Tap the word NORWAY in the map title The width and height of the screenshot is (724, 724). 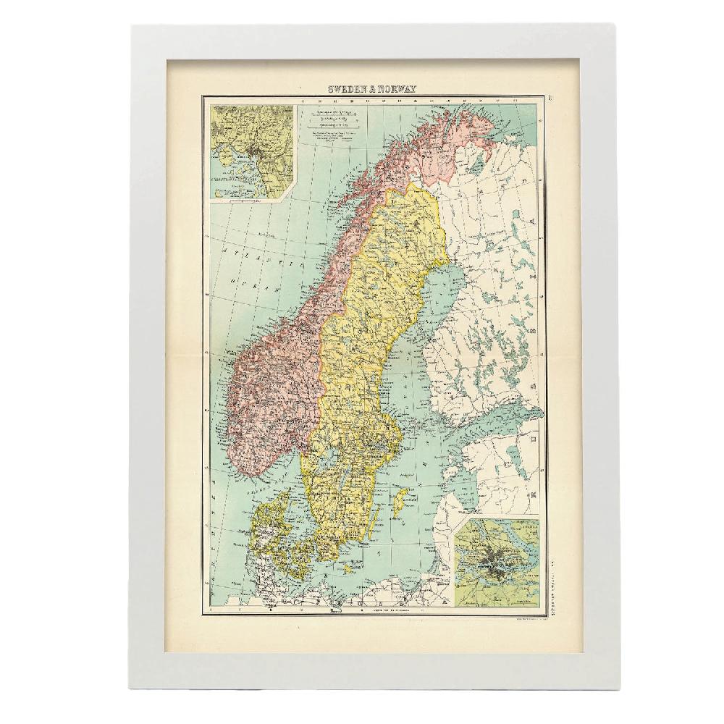coord(397,89)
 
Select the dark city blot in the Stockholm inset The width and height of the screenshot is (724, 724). coord(498,558)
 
